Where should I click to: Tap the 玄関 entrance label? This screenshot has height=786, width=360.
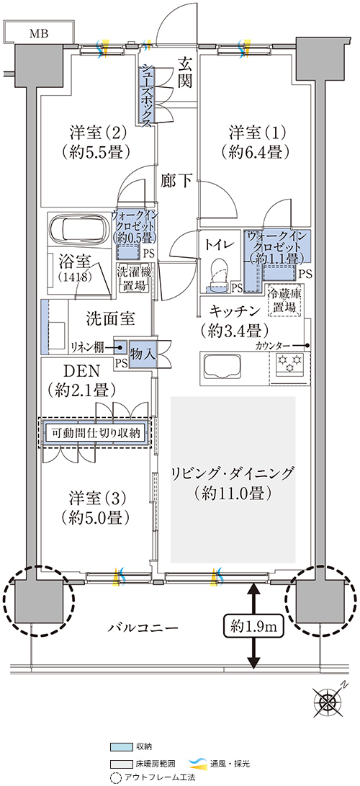tap(185, 73)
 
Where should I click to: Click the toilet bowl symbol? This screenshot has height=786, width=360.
tap(220, 274)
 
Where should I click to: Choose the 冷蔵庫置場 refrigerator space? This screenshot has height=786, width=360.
tap(284, 300)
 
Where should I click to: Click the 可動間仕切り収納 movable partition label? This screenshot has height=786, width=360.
tap(95, 432)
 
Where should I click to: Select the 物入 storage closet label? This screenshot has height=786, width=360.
tap(142, 354)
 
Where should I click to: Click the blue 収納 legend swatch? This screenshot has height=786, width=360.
tap(121, 746)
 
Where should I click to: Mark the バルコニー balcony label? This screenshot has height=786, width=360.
tap(142, 627)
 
